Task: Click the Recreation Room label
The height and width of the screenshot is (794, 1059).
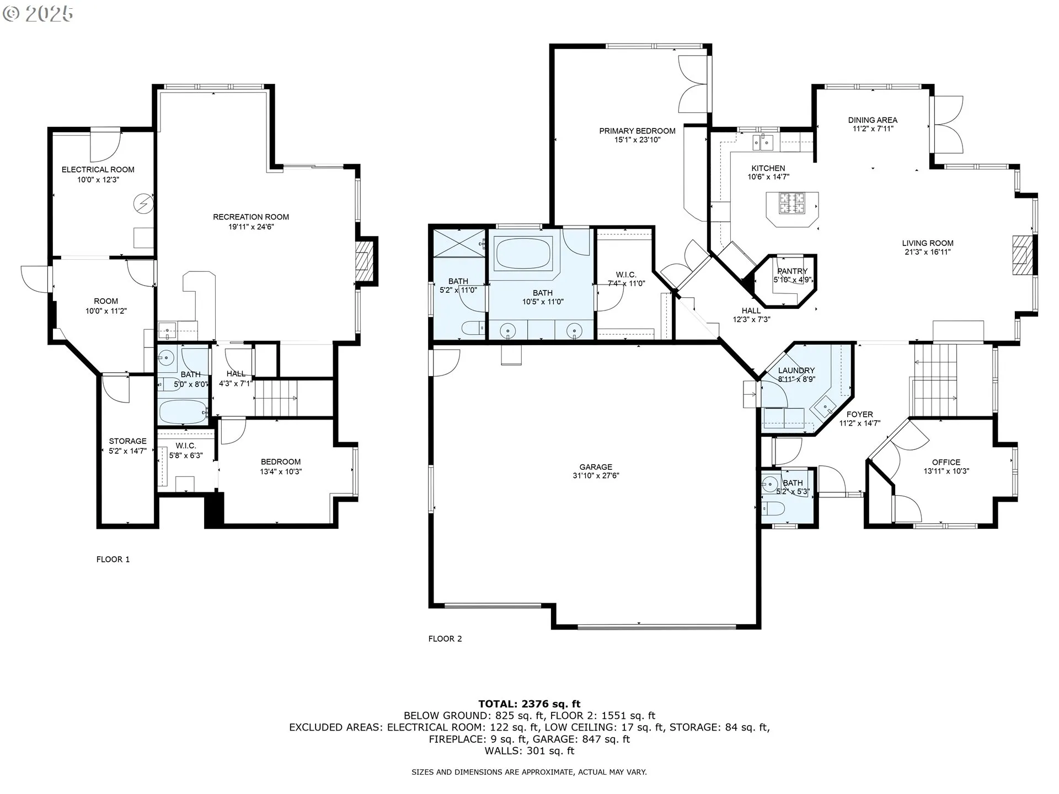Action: coord(251,217)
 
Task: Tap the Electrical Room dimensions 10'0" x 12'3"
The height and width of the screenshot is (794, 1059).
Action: coord(98,180)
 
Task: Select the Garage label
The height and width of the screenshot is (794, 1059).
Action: coord(596,467)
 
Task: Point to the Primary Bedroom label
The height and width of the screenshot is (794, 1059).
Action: coord(637,131)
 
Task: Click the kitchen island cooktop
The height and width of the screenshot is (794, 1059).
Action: coord(792,203)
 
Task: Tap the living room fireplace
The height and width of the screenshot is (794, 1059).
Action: coord(1021,255)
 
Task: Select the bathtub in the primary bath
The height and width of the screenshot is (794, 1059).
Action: coord(523,253)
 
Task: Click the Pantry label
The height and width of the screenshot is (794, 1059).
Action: coord(792,271)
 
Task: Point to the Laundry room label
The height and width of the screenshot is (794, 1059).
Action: coord(796,371)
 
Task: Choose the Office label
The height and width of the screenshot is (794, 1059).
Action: coord(946,462)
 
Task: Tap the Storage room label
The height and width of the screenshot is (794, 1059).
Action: coord(127,441)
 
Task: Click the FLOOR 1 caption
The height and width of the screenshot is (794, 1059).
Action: coord(113,559)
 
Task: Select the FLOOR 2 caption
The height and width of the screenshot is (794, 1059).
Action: coord(445,639)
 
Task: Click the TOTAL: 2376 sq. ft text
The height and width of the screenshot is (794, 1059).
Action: coord(529,704)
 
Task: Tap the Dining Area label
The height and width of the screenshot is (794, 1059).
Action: coord(873,120)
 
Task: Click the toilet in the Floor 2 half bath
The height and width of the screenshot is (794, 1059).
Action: coord(771,508)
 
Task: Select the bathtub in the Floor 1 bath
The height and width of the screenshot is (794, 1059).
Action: coord(183,412)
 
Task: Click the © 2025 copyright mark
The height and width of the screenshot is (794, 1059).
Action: coord(38,13)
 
